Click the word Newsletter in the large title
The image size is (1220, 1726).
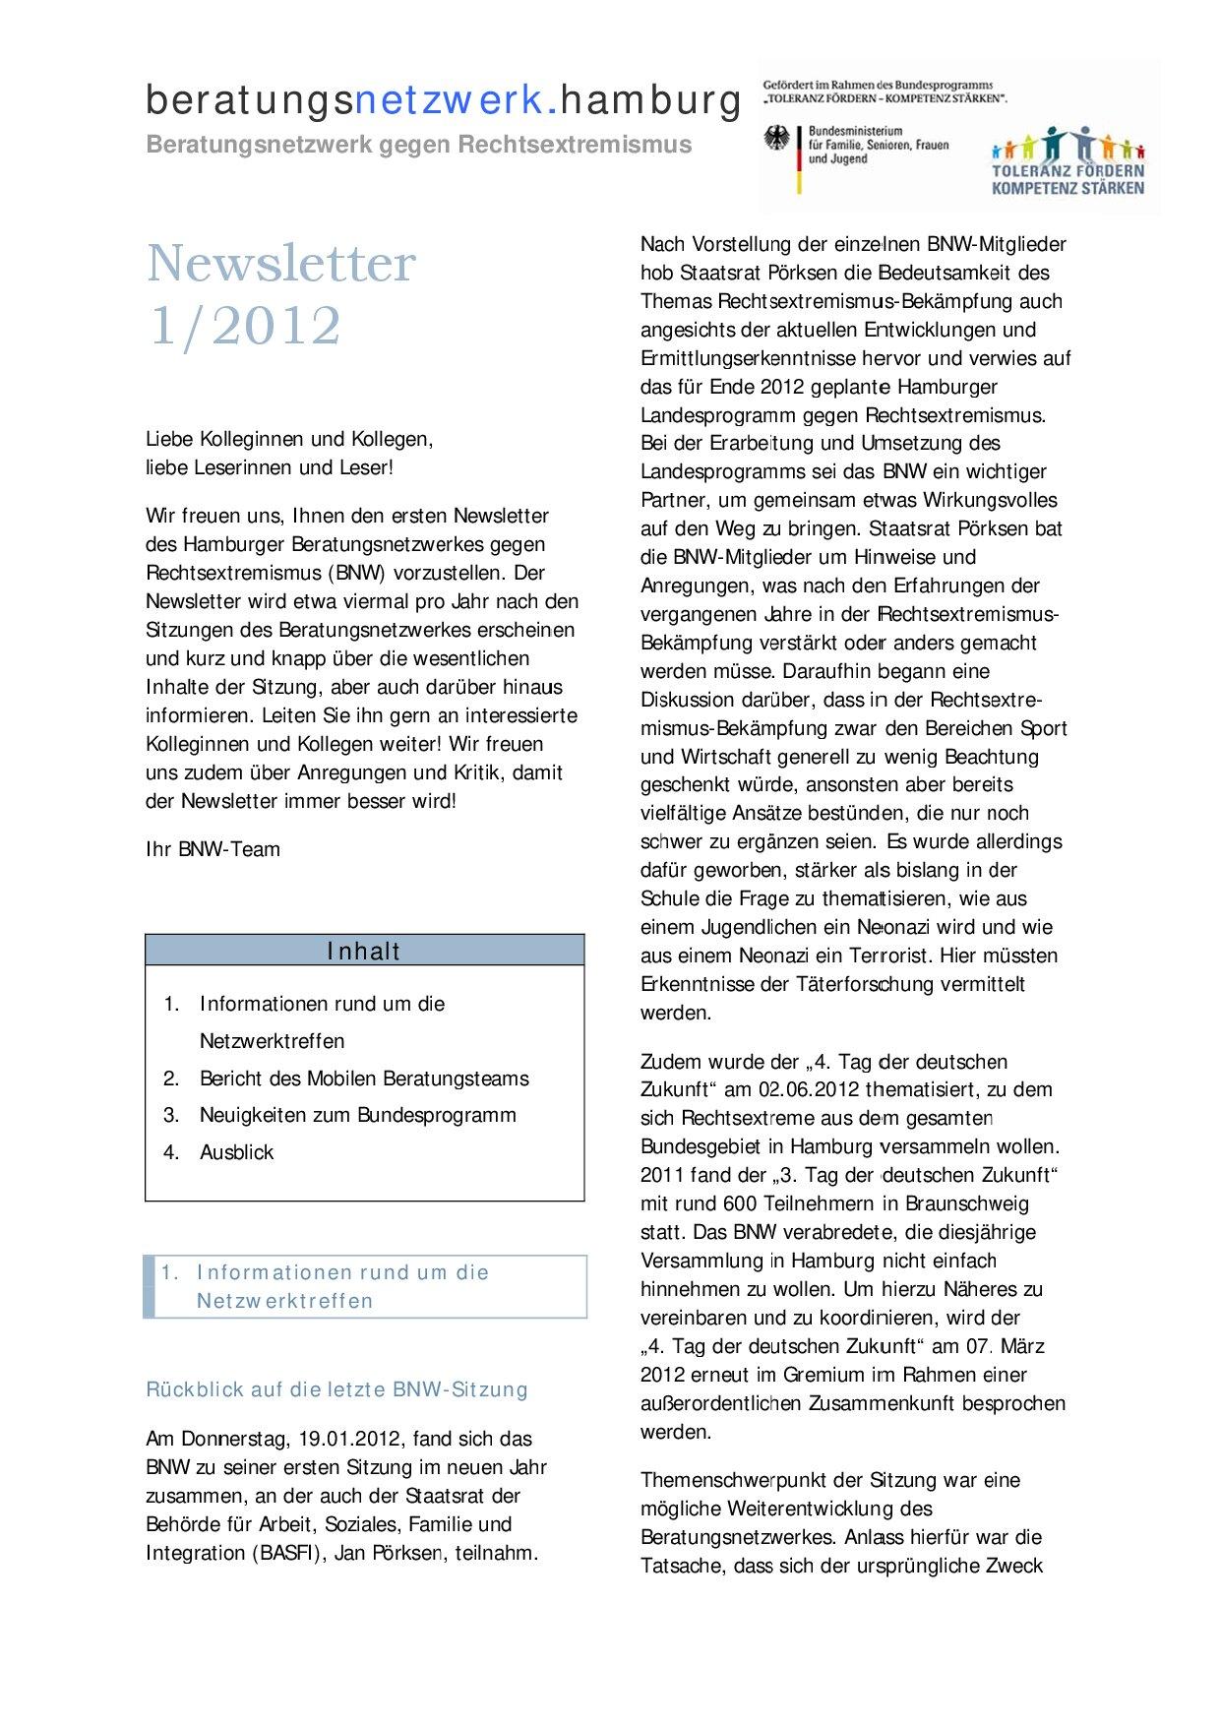coord(281,264)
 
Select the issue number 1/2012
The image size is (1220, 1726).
coord(244,326)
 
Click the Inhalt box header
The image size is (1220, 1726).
coord(364,951)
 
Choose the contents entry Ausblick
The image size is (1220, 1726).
coord(236,1152)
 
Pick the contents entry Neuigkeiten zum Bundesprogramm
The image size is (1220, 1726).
coord(357,1115)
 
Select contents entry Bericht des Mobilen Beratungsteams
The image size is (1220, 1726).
coord(364,1079)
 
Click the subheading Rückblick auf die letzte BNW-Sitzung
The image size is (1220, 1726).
coord(336,1389)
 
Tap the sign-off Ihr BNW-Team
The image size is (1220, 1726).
coord(213,849)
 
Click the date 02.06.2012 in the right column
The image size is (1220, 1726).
coord(805,1089)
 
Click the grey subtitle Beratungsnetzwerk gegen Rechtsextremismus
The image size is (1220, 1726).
coord(418,145)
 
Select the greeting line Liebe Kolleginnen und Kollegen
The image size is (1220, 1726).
coord(289,439)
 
